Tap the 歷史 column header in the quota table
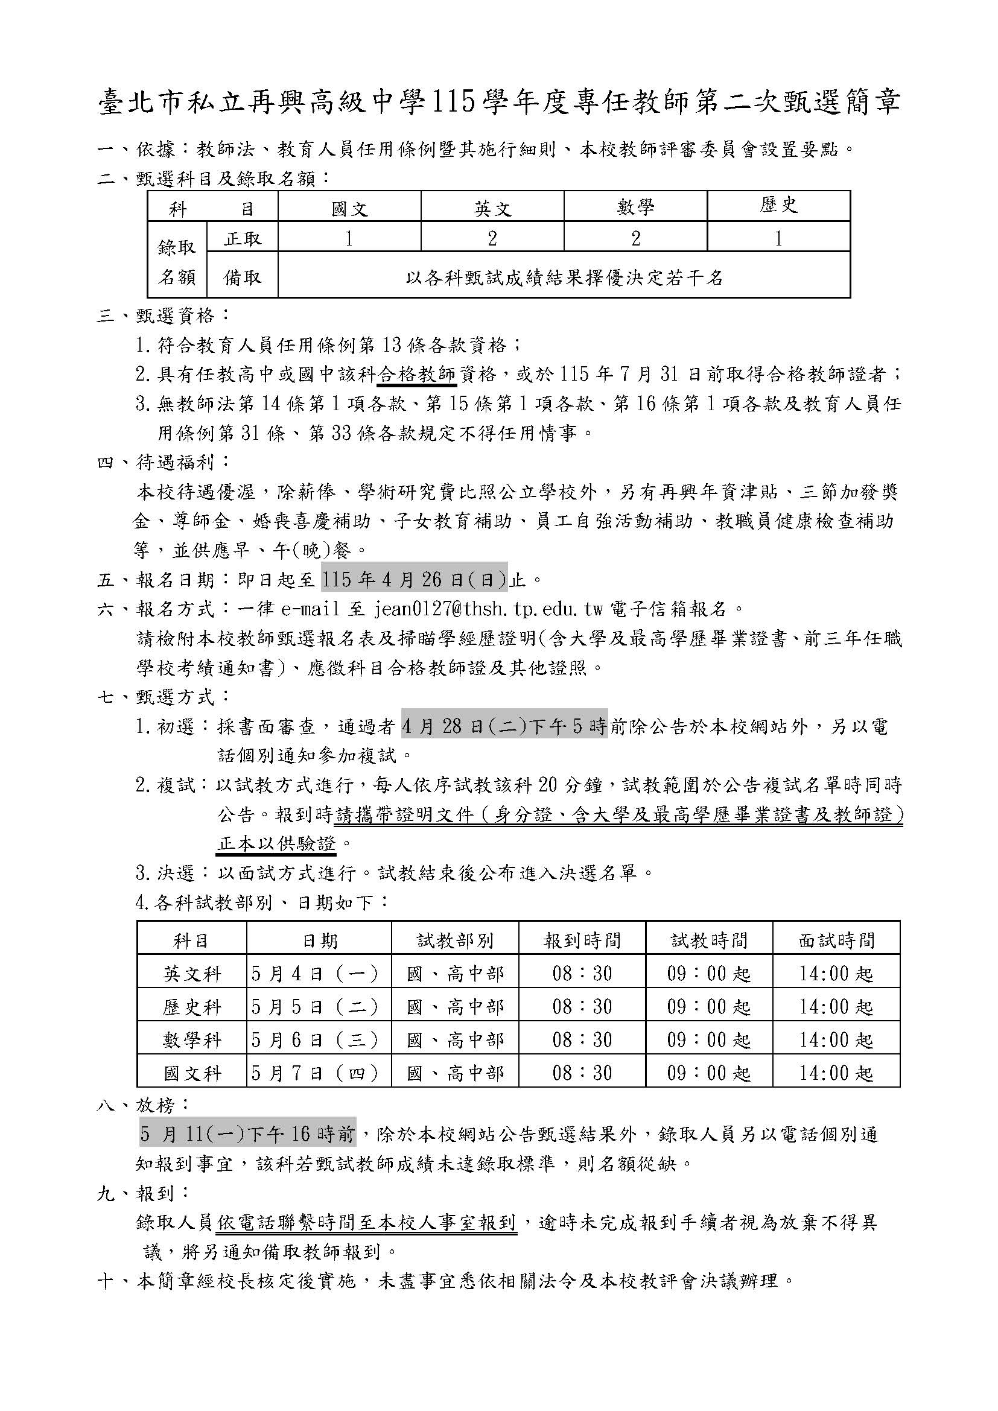pyautogui.click(x=778, y=206)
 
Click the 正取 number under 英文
pyautogui.click(x=492, y=238)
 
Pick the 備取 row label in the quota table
pyautogui.click(x=243, y=277)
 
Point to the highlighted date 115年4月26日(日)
pyautogui.click(x=414, y=579)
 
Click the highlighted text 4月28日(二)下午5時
pyautogui.click(x=504, y=726)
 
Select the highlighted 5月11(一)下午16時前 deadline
pyautogui.click(x=247, y=1134)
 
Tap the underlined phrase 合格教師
pyautogui.click(x=416, y=373)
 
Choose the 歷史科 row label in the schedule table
pyautogui.click(x=192, y=1007)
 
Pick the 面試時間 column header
pyautogui.click(x=836, y=940)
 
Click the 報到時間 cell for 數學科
pyautogui.click(x=582, y=1040)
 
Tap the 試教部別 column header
pyautogui.click(x=455, y=940)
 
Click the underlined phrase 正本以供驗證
pyautogui.click(x=276, y=844)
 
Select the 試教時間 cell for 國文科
pyautogui.click(x=708, y=1073)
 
